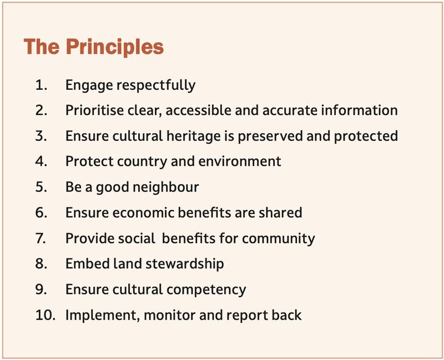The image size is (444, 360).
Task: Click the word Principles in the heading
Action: [x=115, y=48]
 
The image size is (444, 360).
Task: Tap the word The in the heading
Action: [x=42, y=47]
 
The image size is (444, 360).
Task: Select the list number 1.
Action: [x=41, y=85]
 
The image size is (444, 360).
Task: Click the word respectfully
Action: [x=156, y=85]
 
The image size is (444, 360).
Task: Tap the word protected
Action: [x=366, y=136]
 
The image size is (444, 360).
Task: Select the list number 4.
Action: [x=41, y=161]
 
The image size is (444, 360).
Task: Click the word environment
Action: [x=240, y=161]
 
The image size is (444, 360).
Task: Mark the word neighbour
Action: [x=165, y=187]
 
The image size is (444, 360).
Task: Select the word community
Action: [x=279, y=239]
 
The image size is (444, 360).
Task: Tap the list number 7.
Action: [x=41, y=239]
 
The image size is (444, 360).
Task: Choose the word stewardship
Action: [x=185, y=264]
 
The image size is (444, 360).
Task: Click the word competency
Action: [x=206, y=290]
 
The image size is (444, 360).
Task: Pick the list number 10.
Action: [x=46, y=315]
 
